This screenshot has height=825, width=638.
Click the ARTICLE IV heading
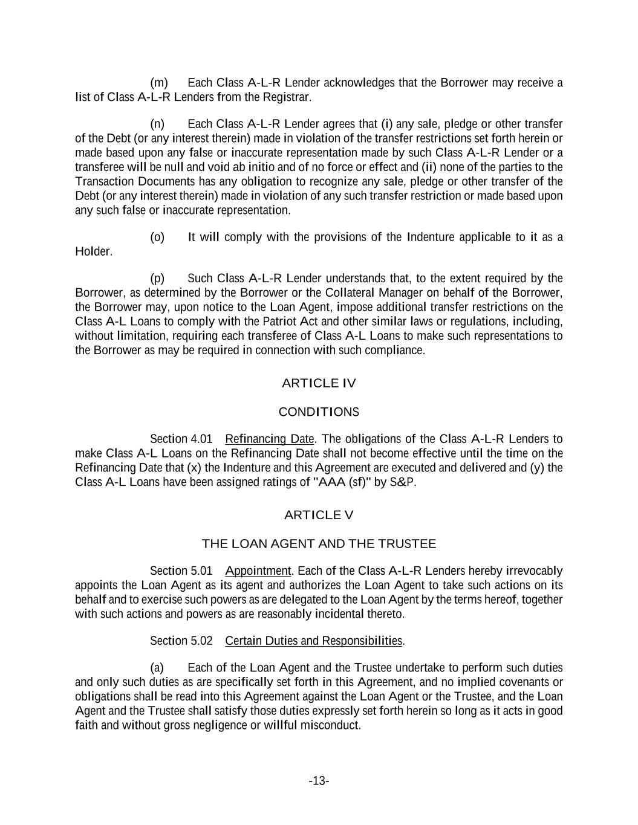click(x=319, y=383)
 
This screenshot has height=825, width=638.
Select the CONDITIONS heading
click(x=319, y=412)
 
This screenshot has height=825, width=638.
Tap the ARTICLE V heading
click(x=319, y=515)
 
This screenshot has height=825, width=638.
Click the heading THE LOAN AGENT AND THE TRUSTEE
click(x=319, y=544)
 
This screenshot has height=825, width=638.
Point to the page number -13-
click(x=319, y=781)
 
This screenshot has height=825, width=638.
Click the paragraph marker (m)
click(x=159, y=83)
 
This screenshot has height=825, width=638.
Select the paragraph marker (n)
click(x=157, y=125)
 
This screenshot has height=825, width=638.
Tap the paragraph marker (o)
click(x=157, y=238)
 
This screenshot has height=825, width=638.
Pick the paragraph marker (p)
click(x=157, y=279)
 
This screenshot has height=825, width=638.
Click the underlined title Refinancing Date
click(x=270, y=439)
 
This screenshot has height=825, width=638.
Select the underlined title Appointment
click(x=258, y=571)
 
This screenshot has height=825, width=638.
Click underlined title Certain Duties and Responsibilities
click(x=313, y=641)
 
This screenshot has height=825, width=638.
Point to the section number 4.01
click(x=201, y=439)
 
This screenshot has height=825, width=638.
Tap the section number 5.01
click(x=201, y=571)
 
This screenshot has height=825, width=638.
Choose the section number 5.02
click(x=201, y=641)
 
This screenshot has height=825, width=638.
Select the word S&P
click(x=403, y=483)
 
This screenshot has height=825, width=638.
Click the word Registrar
click(x=291, y=97)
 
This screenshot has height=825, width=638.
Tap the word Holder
click(x=93, y=252)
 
